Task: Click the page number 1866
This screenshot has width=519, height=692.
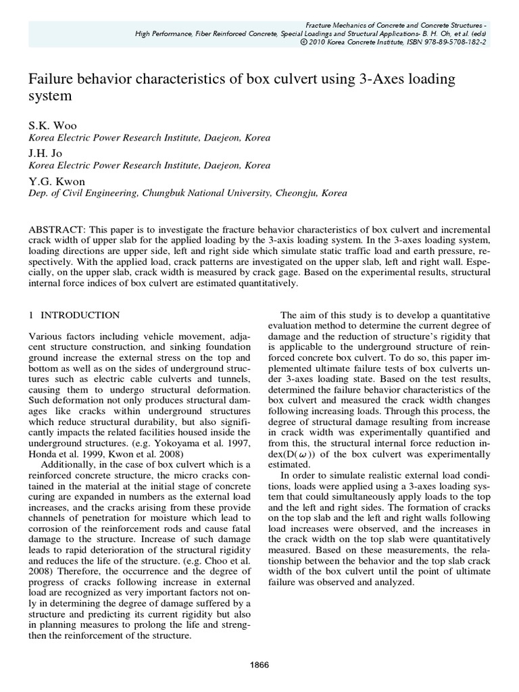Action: tap(259, 664)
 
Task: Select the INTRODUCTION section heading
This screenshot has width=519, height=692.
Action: tap(80, 315)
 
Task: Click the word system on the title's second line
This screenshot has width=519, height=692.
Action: tap(49, 97)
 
